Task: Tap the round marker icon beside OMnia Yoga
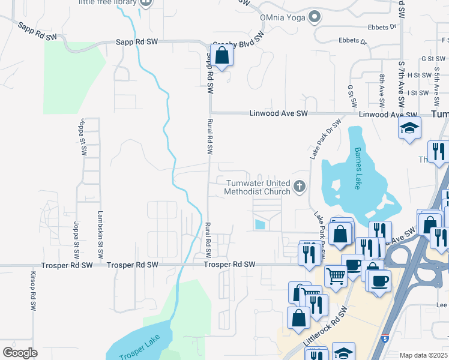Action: [313, 17]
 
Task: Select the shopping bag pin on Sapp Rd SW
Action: [222, 56]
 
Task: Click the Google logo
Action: [20, 352]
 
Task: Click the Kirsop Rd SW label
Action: [33, 290]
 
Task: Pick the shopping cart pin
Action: [336, 276]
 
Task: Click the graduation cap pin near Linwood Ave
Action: [410, 128]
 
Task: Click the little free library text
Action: [107, 2]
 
